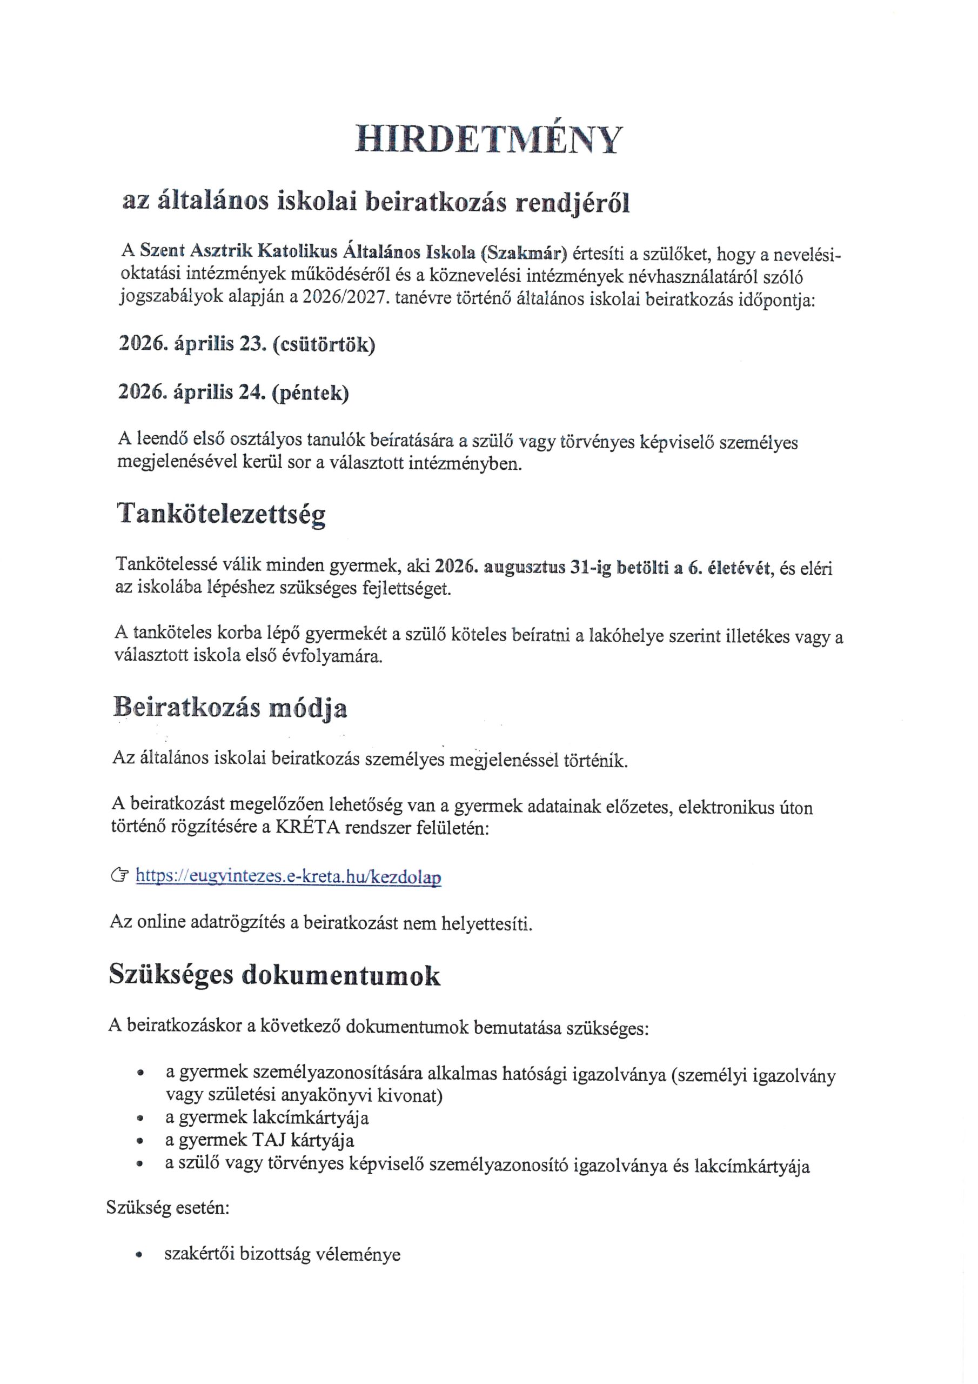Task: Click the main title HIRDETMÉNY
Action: pyautogui.click(x=487, y=140)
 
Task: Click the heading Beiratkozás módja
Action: pyautogui.click(x=230, y=708)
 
